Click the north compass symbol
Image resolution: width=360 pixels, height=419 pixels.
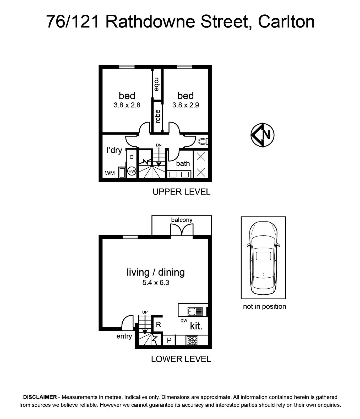[263, 135]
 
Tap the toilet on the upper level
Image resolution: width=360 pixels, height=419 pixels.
[203, 142]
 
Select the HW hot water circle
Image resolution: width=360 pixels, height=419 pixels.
[132, 172]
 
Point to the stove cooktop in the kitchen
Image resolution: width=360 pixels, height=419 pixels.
[192, 340]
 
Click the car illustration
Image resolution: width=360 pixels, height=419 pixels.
[263, 258]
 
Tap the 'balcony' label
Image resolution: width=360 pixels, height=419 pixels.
[182, 220]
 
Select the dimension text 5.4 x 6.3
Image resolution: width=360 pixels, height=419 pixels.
[156, 283]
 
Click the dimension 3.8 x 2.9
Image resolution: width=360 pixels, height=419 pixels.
[186, 105]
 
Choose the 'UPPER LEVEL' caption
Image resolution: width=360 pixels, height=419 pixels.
[182, 192]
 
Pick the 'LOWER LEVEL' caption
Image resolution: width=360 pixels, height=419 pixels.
[181, 359]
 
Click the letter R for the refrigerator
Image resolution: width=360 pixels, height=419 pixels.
[158, 325]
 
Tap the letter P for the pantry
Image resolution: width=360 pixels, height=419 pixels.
[169, 340]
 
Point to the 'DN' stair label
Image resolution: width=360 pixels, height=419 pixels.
[159, 145]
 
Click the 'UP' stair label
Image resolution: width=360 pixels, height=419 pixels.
[145, 312]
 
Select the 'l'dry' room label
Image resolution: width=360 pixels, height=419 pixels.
[114, 150]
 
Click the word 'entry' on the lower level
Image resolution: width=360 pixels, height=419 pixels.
[124, 336]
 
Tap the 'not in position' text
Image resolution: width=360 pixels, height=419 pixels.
[265, 306]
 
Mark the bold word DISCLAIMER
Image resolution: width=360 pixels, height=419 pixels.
[40, 397]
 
